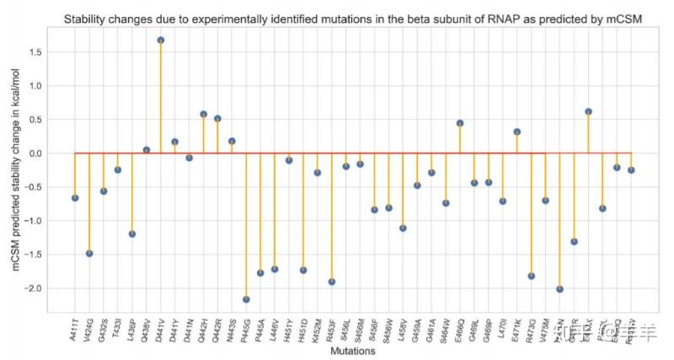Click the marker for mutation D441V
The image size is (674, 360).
coord(160,40)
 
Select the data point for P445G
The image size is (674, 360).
coord(246,299)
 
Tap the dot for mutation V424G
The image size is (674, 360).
coord(89,253)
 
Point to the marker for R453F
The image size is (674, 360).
coord(332,282)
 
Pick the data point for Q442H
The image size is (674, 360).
coord(203,114)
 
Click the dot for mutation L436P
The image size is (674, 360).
coord(132,234)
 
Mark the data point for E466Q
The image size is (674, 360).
coord(460,123)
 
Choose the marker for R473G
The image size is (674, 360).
coord(532,276)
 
